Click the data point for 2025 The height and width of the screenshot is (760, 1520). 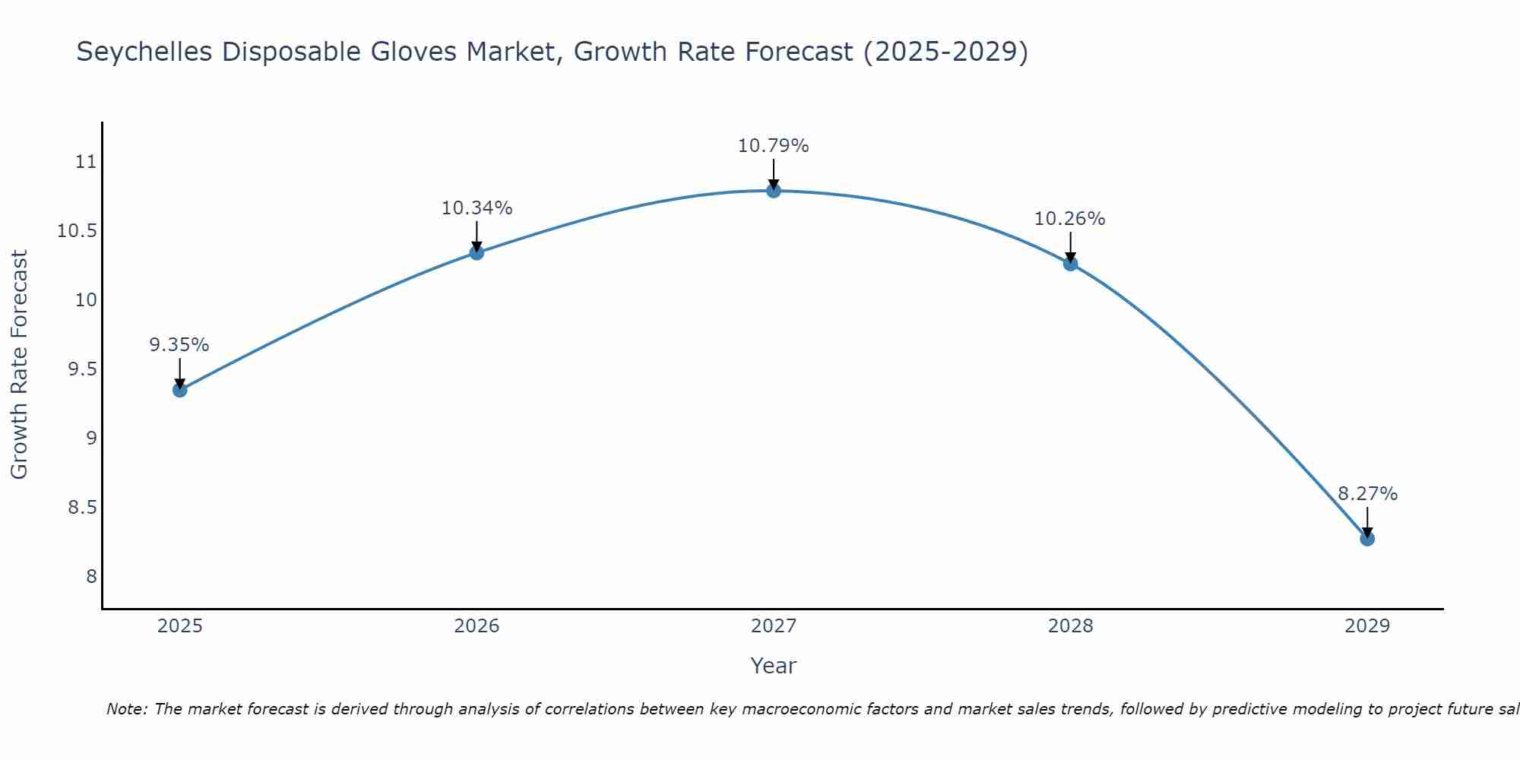180,390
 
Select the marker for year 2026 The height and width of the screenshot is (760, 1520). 477,252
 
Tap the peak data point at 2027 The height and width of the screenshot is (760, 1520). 774,190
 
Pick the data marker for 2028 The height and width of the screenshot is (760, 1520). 1070,264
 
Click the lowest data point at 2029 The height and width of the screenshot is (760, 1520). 1367,539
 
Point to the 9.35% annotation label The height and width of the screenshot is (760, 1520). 179,345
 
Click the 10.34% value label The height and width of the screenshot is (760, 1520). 477,208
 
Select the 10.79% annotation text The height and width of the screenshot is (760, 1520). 774,146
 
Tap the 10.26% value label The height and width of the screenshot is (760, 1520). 1070,219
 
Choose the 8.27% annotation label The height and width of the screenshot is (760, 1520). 1367,494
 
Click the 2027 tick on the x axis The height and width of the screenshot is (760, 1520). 774,626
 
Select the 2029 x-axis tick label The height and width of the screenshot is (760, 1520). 1367,626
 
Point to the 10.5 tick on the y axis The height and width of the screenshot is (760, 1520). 78,231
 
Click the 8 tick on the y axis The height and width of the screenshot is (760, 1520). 92,576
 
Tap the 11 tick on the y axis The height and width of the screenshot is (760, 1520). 87,162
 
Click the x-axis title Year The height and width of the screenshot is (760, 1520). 774,666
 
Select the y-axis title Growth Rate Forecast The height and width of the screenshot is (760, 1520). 19,365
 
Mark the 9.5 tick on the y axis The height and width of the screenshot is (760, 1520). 83,369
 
